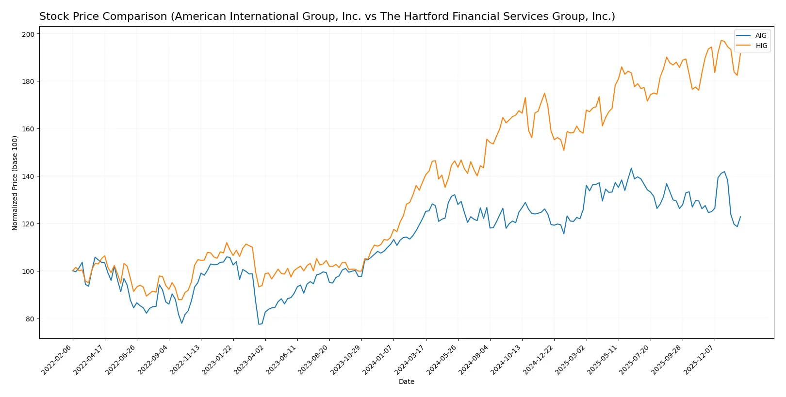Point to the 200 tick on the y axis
click(28, 34)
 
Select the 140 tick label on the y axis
click(28, 176)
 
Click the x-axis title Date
click(406, 382)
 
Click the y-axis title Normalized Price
click(15, 183)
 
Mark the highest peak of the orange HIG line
click(721, 40)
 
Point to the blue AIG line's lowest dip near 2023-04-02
click(259, 324)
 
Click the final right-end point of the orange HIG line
click(740, 54)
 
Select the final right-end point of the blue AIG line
click(740, 217)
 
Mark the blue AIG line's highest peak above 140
click(631, 168)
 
